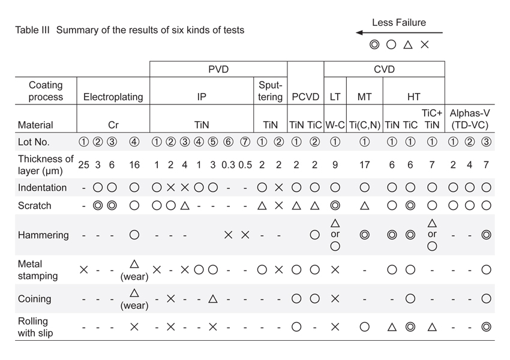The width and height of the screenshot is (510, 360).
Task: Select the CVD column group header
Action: [384, 70]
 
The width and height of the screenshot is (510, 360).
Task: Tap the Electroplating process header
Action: [113, 97]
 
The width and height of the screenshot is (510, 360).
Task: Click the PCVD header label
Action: [306, 97]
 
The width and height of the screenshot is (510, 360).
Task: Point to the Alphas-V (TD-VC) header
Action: [470, 119]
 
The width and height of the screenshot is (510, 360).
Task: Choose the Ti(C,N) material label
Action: [364, 125]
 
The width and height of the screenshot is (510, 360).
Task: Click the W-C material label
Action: [335, 125]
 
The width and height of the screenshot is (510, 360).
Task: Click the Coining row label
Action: [34, 299]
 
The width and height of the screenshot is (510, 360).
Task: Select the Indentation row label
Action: [42, 187]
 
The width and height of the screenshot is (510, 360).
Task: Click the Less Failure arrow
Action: [398, 32]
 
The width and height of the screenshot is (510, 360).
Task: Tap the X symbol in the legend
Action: [425, 44]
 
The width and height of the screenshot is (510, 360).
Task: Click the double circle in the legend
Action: [374, 44]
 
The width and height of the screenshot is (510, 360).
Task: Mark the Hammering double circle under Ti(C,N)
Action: [364, 235]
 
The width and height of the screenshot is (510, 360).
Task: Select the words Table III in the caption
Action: [34, 29]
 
